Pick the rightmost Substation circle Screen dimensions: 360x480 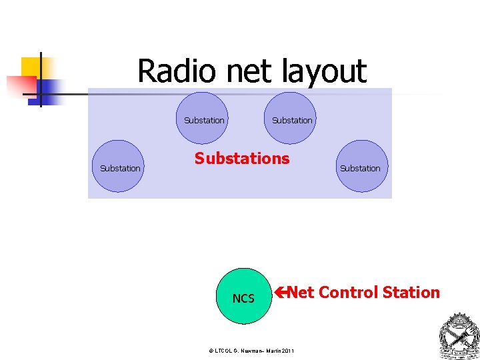pos(361,167)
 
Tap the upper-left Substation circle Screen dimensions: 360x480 pos(203,118)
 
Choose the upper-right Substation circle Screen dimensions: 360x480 pos(290,118)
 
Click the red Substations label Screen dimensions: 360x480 pos(242,159)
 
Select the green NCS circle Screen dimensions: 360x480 pos(243,297)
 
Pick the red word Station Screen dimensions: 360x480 pos(413,293)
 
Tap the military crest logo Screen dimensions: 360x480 pos(459,336)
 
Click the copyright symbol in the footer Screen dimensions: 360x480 pos(211,351)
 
